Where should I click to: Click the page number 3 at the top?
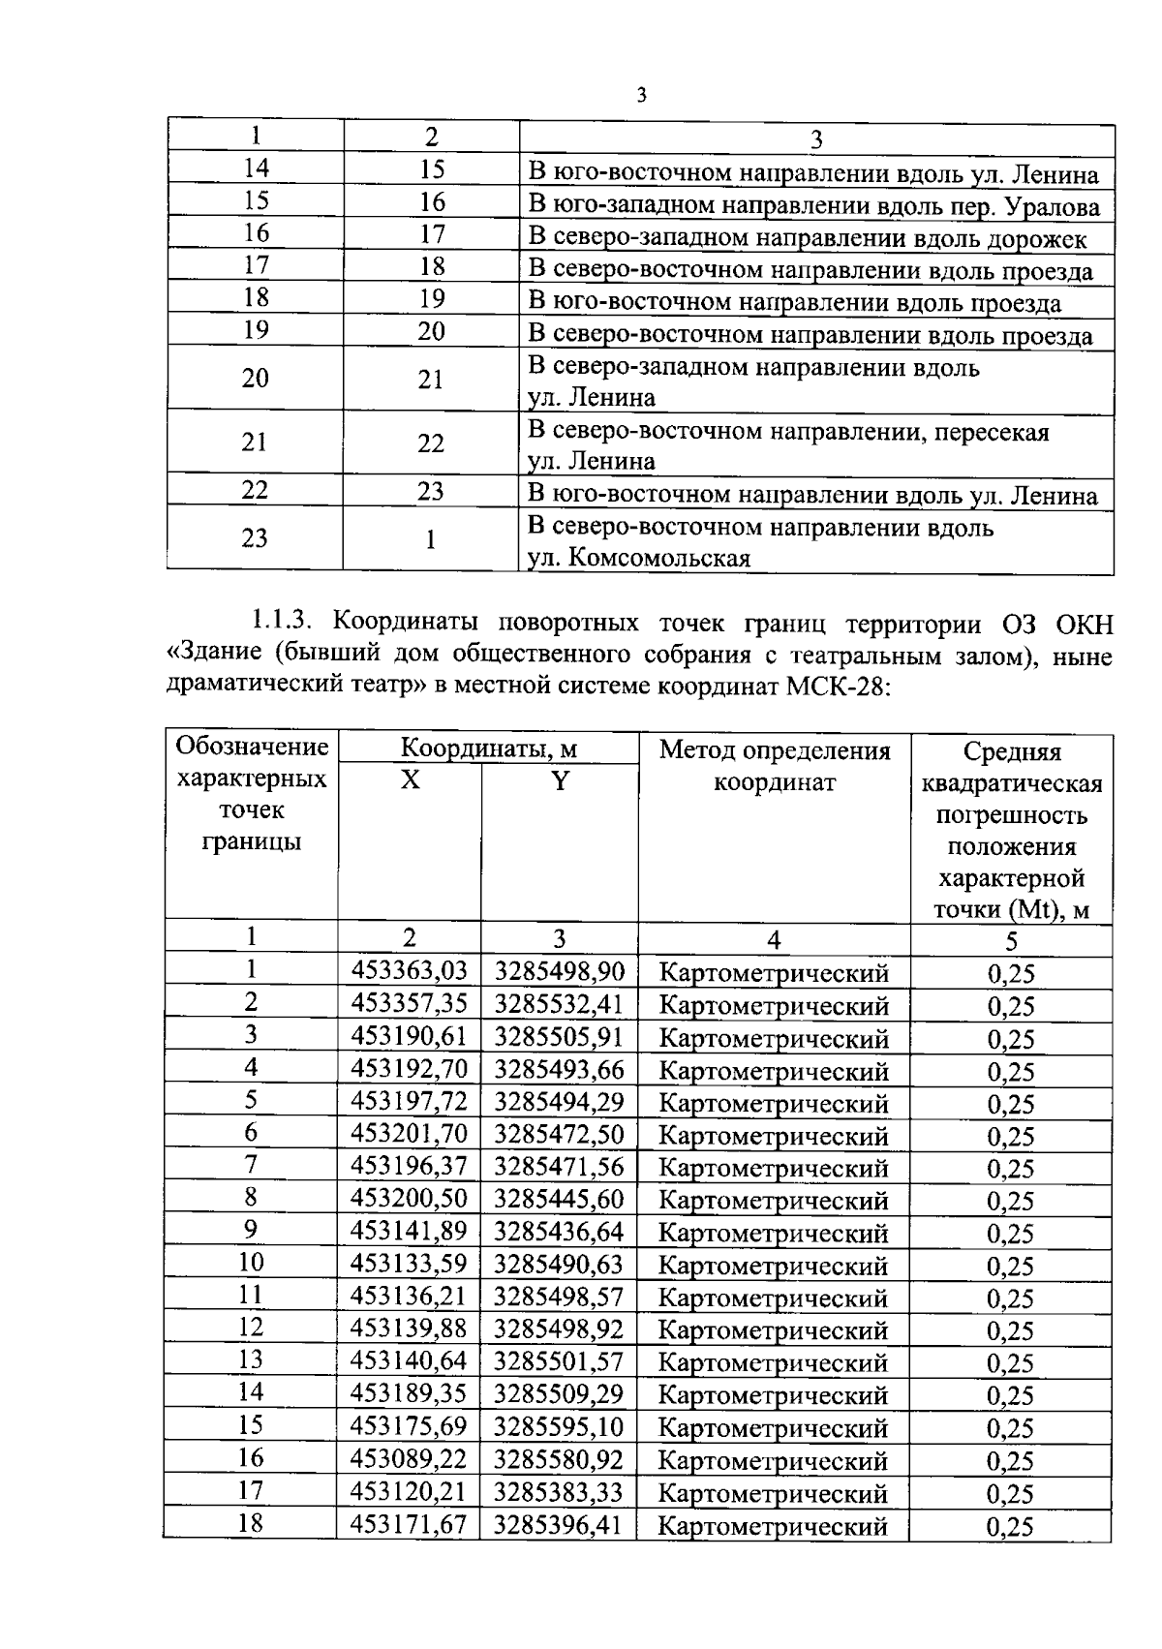(641, 95)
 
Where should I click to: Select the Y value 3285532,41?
(560, 1003)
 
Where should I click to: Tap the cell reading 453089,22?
(409, 1458)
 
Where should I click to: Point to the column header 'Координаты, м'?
(489, 748)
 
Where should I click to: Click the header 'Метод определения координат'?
(774, 765)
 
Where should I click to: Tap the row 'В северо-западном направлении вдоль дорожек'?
(808, 238)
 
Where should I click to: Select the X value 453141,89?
(409, 1231)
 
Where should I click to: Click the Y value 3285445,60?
(560, 1199)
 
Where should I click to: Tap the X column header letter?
(411, 780)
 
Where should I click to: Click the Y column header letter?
(560, 780)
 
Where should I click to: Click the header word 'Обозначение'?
(252, 748)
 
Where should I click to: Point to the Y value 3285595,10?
(560, 1426)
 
